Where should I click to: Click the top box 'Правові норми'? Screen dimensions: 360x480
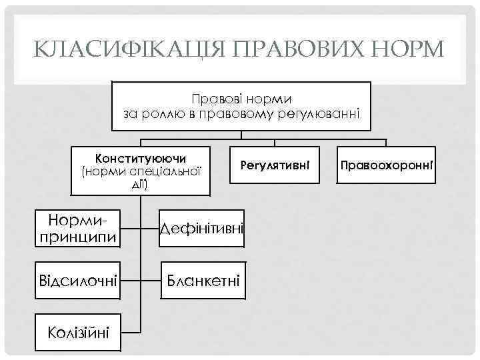pos(241,107)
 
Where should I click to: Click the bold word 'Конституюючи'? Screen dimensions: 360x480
pos(141,159)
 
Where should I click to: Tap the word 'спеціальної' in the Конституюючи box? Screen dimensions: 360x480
pos(166,171)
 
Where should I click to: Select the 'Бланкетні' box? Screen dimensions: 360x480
pos(203,280)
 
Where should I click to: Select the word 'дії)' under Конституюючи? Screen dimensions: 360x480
pos(141,183)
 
